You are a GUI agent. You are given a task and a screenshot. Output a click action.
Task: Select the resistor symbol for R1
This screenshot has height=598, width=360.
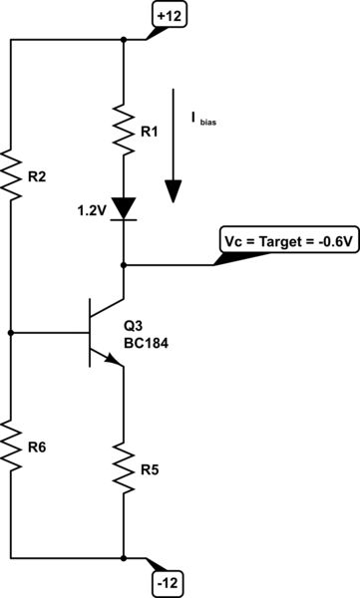124,129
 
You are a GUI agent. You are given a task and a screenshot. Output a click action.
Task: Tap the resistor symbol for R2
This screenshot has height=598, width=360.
12,175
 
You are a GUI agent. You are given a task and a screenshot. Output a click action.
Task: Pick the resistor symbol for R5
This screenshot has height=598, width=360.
124,463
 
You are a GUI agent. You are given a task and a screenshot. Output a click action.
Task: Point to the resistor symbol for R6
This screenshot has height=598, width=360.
12,445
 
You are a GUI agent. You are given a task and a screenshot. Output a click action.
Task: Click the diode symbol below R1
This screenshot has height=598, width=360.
124,208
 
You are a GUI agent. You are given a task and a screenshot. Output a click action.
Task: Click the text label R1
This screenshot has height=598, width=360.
149,130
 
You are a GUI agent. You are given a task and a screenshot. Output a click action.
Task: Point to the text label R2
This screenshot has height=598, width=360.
37,177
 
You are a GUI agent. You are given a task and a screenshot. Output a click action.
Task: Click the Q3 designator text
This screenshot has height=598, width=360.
134,326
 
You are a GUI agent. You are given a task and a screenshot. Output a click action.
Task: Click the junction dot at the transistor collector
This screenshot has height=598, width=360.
124,265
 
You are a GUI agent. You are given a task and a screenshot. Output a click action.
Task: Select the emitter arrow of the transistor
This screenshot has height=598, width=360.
115,362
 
